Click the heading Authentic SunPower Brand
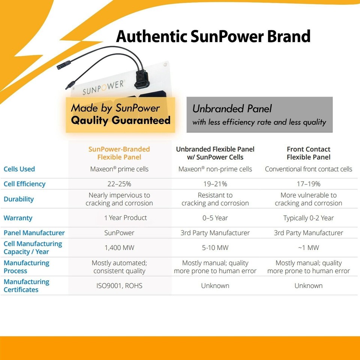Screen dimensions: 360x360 coord(213,36)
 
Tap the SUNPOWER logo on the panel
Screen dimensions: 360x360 coord(103,88)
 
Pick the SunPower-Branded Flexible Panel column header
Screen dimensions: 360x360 coord(119,153)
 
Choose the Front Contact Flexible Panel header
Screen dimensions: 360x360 coord(308,153)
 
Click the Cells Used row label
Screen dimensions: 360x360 coord(19,169)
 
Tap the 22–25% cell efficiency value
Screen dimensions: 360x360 coord(119,184)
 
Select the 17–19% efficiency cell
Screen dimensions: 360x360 coord(308,184)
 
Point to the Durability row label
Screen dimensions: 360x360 coord(19,199)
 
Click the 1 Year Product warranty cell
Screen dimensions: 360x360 coord(125,218)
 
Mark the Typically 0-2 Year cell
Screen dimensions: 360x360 coord(308,218)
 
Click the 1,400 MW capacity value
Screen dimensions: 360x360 coord(119,248)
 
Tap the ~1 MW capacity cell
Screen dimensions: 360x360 coord(308,248)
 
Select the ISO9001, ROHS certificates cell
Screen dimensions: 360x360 coord(119,286)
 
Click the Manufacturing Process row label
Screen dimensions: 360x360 coord(26,267)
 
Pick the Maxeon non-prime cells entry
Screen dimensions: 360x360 coord(215,169)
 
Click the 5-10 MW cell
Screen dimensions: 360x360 coord(215,248)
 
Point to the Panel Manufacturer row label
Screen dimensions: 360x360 coord(34,233)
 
